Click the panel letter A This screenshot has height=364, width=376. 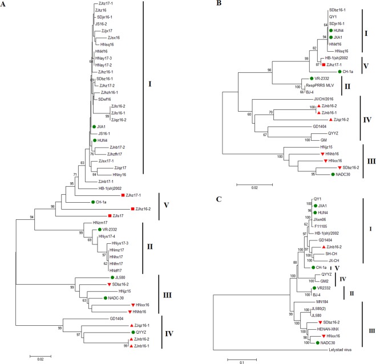5,5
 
